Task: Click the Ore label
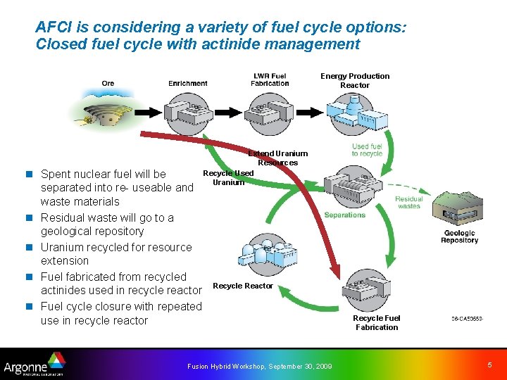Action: pyautogui.click(x=108, y=84)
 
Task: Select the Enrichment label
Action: pyautogui.click(x=187, y=84)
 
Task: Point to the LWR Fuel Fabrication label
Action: pyautogui.click(x=270, y=80)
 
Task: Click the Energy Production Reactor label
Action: pyautogui.click(x=355, y=80)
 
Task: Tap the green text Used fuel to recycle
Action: pyautogui.click(x=367, y=150)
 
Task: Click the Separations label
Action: pyautogui.click(x=345, y=215)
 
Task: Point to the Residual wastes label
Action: pyautogui.click(x=408, y=203)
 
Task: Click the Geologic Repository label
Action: pyautogui.click(x=459, y=236)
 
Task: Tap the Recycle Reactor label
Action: pyautogui.click(x=242, y=286)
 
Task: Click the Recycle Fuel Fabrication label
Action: pyautogui.click(x=377, y=322)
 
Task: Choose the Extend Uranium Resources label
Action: pyautogui.click(x=278, y=158)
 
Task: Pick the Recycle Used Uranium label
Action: pyautogui.click(x=228, y=177)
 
